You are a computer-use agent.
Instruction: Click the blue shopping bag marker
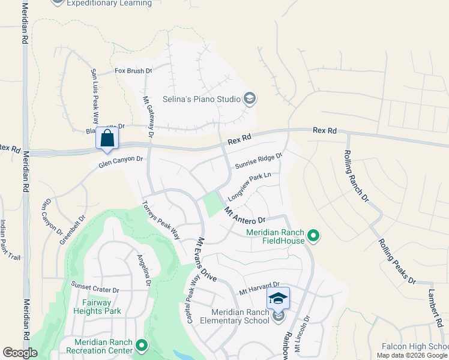click(x=107, y=137)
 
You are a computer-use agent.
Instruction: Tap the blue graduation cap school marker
click(x=278, y=298)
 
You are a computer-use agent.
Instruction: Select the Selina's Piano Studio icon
click(x=250, y=98)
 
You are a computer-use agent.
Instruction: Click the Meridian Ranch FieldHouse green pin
click(x=313, y=236)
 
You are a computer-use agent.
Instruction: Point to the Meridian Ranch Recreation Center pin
click(x=142, y=345)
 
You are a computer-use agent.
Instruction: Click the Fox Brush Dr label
click(x=134, y=71)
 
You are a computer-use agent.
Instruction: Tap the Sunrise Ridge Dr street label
click(x=258, y=160)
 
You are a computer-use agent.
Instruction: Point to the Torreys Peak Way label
click(x=161, y=219)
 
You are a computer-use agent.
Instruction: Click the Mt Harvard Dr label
click(x=259, y=288)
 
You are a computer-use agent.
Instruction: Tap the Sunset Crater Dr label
click(x=95, y=287)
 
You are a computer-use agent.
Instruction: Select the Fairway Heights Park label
click(x=97, y=307)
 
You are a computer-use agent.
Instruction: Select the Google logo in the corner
click(x=20, y=353)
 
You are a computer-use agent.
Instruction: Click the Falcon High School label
click(x=415, y=347)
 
